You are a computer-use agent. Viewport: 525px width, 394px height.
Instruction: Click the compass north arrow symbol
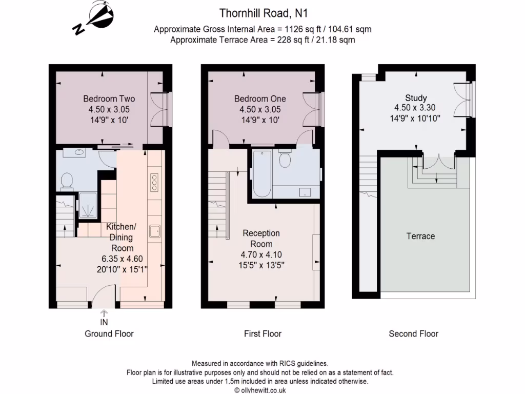tap(94, 18)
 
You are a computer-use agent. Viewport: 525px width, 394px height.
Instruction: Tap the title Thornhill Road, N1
tap(263, 13)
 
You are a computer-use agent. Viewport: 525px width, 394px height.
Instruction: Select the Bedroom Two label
tap(109, 99)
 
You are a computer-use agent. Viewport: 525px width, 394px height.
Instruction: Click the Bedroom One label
tap(260, 99)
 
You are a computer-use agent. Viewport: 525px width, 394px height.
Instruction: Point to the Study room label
tap(416, 98)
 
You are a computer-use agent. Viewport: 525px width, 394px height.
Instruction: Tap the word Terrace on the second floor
tap(420, 236)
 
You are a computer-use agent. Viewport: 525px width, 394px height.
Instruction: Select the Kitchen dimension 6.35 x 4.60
tap(122, 259)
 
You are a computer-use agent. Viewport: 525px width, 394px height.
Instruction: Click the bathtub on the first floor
tap(262, 174)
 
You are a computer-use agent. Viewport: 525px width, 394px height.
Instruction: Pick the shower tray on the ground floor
tap(88, 206)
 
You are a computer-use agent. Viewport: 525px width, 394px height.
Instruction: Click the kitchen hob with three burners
tap(154, 182)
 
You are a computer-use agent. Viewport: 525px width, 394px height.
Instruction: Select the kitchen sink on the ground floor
tap(155, 231)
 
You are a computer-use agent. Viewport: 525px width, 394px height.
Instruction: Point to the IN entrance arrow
tap(104, 313)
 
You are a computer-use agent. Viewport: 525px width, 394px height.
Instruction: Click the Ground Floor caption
tap(109, 333)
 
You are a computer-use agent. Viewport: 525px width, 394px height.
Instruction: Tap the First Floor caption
tap(263, 333)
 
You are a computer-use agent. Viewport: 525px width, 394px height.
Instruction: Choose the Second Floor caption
tap(414, 333)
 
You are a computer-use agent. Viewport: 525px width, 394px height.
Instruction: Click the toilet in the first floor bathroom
tap(285, 159)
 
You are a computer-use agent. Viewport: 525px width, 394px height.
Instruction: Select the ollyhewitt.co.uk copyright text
tap(260, 390)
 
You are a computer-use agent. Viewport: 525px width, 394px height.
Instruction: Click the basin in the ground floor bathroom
tap(79, 152)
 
